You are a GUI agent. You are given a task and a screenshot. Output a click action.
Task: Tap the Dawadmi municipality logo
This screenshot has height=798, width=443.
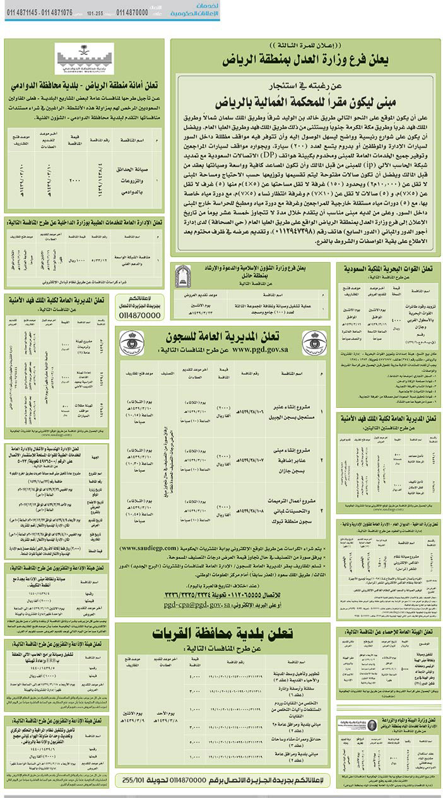tap(84, 59)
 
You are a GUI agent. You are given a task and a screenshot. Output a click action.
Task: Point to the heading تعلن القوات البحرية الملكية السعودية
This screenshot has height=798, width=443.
tap(387, 268)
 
